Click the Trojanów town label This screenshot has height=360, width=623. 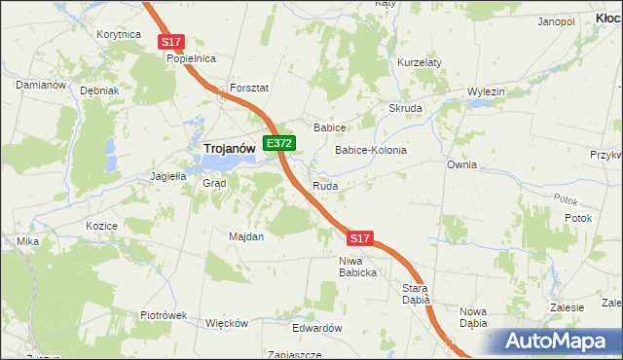click(230, 148)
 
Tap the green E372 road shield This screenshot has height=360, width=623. click(279, 143)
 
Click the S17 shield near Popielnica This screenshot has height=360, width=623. click(171, 41)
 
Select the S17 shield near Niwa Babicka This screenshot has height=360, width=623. click(359, 237)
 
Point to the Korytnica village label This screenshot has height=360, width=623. click(121, 34)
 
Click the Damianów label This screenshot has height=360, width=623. click(40, 85)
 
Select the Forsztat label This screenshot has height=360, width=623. click(248, 87)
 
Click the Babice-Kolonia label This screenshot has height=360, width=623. click(370, 151)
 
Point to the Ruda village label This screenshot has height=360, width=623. click(324, 185)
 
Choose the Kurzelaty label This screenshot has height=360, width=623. click(420, 62)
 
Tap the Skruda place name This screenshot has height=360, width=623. click(405, 108)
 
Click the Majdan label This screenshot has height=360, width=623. click(245, 236)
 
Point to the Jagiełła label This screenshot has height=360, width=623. click(166, 176)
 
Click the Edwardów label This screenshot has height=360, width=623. click(318, 328)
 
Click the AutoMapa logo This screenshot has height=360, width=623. click(560, 342)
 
